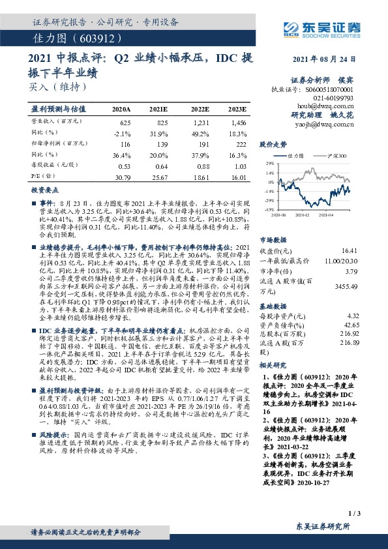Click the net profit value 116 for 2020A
(x=125, y=142)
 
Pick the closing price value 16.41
(x=350, y=250)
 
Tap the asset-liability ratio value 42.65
(x=351, y=324)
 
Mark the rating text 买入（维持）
(x=57, y=85)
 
